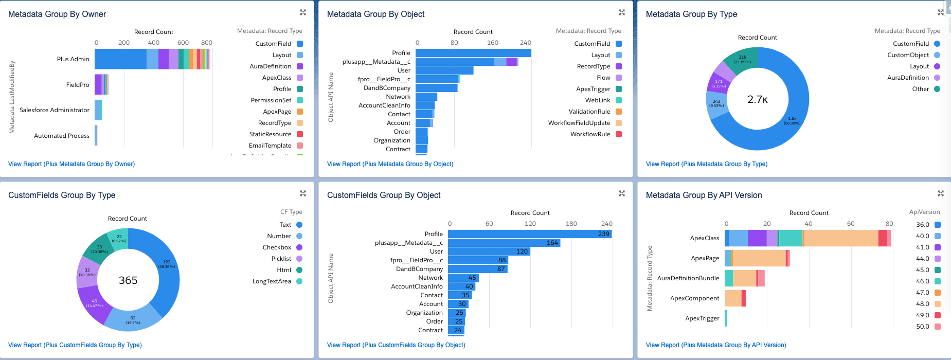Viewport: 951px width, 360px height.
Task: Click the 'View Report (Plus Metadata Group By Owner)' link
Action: point(71,164)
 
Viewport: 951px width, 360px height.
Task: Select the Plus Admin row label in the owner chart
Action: point(73,59)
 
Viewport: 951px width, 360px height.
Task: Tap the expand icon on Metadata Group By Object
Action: point(622,12)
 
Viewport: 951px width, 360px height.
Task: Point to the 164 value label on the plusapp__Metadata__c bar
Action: point(552,243)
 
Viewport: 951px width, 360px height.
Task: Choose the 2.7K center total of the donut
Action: point(757,100)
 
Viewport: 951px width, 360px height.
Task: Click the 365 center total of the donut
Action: point(128,280)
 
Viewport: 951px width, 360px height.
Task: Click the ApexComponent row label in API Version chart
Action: point(694,298)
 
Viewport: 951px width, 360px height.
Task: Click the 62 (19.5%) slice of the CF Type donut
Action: point(133,320)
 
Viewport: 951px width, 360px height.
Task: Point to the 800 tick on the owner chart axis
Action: point(207,43)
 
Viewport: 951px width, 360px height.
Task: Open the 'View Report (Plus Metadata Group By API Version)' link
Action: point(716,345)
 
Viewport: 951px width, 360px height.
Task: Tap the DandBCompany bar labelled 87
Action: point(477,269)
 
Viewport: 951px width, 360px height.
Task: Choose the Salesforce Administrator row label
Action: point(55,110)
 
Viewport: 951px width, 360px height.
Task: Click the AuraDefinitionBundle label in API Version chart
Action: point(688,278)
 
